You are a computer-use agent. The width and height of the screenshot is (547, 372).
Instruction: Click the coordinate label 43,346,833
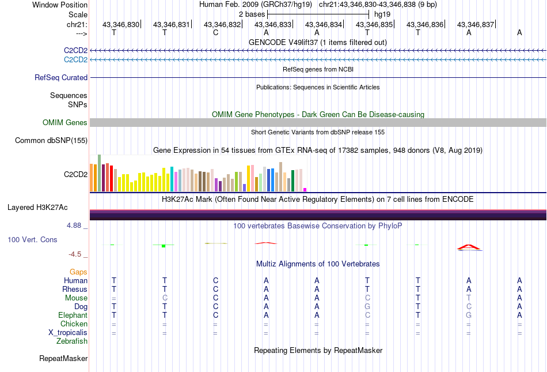273,24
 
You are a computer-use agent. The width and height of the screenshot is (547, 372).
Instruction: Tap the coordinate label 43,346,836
425,24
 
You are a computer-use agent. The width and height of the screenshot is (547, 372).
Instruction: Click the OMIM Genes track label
65,122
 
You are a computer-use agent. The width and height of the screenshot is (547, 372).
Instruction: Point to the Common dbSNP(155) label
51,140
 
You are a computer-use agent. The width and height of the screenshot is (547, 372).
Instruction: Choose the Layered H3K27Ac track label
37,207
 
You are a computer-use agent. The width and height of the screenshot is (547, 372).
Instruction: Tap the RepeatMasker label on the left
63,359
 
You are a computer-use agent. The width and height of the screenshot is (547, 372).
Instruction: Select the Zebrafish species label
72,341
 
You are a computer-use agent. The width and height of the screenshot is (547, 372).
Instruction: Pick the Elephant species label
73,315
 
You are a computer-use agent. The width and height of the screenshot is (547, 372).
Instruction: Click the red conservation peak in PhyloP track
469,246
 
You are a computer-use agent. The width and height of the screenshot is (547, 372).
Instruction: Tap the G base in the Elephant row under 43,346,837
469,315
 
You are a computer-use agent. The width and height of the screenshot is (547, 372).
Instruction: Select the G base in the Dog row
367,306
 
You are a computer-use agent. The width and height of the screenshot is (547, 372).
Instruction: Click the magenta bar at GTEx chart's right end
305,189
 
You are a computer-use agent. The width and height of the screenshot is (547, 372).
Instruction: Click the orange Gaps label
78,272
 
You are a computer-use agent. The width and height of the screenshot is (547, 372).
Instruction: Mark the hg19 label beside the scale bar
383,13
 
